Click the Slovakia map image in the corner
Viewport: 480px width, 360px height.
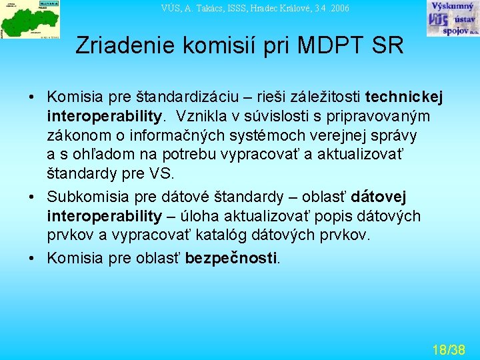(30, 19)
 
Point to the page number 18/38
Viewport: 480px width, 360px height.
(448, 349)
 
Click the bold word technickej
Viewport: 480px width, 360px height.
(405, 97)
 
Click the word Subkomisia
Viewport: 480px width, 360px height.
(83, 197)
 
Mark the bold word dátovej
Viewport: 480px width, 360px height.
(379, 197)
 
